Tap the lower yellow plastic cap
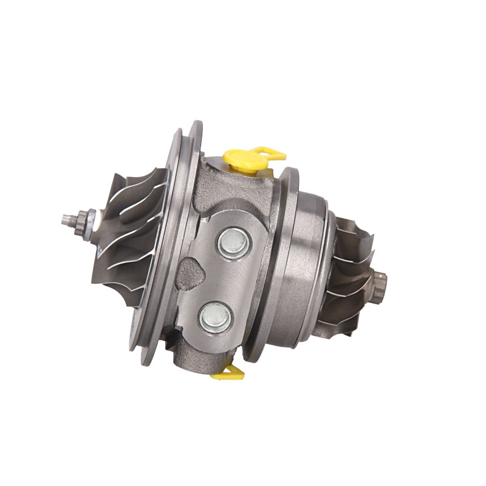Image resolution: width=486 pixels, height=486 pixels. pyautogui.click(x=226, y=372)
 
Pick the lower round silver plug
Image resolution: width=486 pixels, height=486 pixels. pyautogui.click(x=216, y=316)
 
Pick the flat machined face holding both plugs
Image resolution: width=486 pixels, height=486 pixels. pyautogui.click(x=225, y=279)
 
